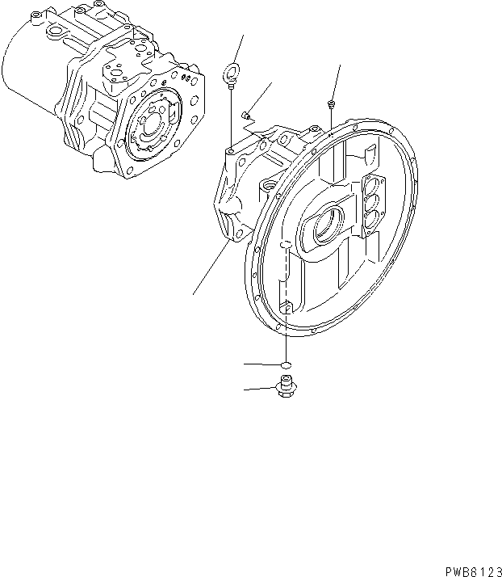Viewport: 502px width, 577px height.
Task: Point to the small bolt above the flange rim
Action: (332, 103)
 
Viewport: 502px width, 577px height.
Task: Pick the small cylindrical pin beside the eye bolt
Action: (248, 115)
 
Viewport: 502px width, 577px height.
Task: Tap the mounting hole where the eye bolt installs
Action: (231, 150)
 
